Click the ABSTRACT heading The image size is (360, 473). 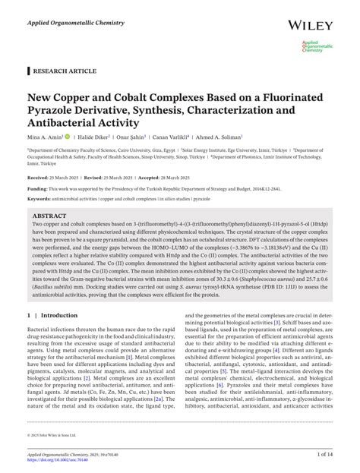click(x=49, y=215)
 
